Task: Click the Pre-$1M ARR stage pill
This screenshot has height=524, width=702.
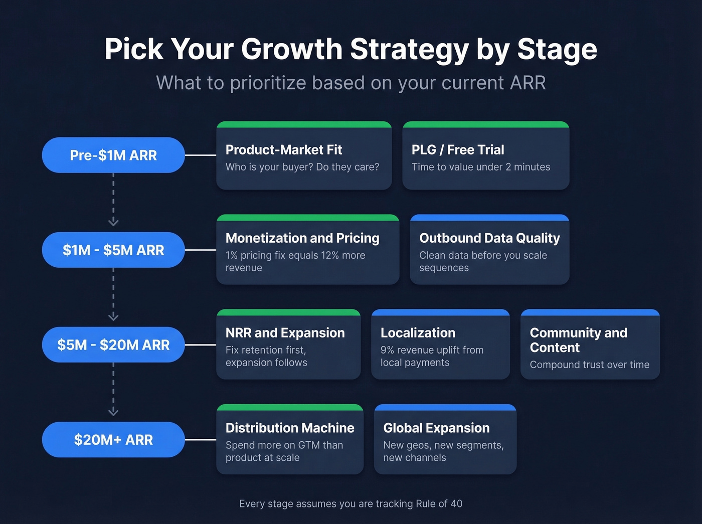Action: point(113,155)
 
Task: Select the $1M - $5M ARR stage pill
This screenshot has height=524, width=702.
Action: point(113,250)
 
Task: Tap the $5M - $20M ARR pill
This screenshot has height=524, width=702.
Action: point(113,345)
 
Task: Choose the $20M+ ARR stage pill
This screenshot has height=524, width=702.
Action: point(113,440)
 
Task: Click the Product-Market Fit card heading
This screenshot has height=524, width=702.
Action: point(284,150)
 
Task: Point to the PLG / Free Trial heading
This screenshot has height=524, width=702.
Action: point(458,150)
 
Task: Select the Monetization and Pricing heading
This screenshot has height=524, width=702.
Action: point(302,238)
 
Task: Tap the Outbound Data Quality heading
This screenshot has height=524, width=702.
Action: point(489,238)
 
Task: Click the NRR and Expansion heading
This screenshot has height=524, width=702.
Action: point(285,333)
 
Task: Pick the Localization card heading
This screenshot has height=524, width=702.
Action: point(418,333)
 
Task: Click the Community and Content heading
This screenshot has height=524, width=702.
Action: point(578,340)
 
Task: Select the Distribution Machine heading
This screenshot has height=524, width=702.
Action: point(290,428)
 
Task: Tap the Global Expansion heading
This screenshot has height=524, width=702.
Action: point(436,428)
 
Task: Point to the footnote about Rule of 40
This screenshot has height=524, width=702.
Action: point(351,503)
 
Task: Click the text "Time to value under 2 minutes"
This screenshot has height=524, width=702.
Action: point(481,167)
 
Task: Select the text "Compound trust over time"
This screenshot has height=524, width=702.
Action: point(589,365)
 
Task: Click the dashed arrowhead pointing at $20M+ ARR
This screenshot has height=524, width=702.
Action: point(113,412)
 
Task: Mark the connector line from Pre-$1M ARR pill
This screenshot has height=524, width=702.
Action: point(201,155)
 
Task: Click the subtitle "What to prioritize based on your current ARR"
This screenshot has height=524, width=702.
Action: point(351,83)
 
